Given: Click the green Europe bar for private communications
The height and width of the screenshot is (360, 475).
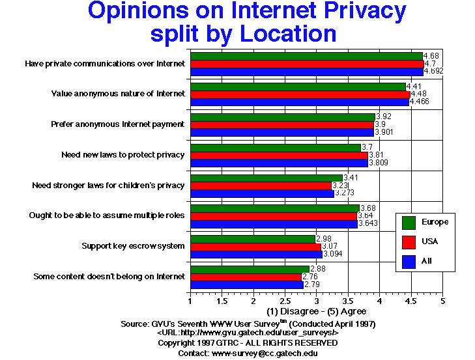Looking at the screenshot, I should coord(306,56).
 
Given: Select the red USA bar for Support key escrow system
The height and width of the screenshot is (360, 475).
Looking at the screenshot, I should coord(255,246).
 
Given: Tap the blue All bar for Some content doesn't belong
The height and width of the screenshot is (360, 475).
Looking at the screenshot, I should coord(246,284).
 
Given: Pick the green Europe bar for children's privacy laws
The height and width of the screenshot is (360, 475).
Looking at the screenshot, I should coord(265,178).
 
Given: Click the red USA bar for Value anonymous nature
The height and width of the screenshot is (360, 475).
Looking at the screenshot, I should coord(299,94).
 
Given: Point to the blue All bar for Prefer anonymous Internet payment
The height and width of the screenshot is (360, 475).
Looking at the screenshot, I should coord(281,132).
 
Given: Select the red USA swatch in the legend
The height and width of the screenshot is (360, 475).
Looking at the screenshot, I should coord(410,242).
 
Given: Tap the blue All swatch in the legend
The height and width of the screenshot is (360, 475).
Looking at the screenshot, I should coord(410,261).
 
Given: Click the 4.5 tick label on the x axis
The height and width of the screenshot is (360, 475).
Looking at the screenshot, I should coord(411,302).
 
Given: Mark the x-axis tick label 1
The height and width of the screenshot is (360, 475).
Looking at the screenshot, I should coord(190,302).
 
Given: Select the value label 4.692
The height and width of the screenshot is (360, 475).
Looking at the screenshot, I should coord(434,72).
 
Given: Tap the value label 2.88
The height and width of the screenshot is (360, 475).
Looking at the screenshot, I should coord(317,270).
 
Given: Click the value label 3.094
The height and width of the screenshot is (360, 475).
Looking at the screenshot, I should coord(335,254).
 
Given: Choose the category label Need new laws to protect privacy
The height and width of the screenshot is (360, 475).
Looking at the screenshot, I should coord(123,155).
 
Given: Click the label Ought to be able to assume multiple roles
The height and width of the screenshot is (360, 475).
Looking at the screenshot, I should coord(108,215).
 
